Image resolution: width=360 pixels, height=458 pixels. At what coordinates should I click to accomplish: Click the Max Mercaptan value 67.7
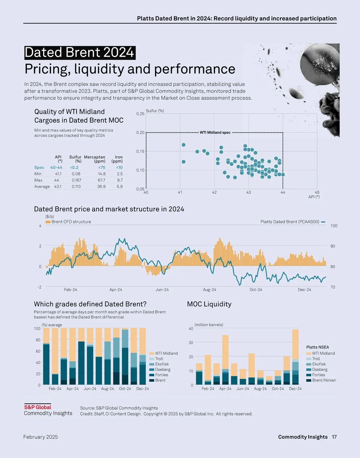(101, 180)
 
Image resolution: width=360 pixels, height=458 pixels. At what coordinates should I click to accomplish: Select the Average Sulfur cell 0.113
(76, 187)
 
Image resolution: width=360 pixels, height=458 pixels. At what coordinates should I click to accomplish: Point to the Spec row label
(39, 168)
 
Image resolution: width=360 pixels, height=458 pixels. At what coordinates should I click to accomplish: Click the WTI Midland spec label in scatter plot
(215, 132)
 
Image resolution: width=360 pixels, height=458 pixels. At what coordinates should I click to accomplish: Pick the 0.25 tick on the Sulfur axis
(140, 114)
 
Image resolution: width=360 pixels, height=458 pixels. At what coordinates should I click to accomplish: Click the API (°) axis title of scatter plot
(314, 197)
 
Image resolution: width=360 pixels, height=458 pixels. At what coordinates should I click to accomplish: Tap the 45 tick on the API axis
(317, 193)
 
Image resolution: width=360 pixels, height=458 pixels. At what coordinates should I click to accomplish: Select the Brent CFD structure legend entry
(68, 222)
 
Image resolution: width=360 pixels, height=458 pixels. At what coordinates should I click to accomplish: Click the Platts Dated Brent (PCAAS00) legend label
(290, 222)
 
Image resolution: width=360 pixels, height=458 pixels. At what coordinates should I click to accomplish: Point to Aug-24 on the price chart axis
(209, 290)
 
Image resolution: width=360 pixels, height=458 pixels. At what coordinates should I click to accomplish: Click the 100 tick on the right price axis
(334, 226)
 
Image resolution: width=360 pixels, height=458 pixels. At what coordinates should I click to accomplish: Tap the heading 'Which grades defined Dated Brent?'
(90, 304)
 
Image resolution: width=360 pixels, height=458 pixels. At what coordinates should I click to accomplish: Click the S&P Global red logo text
(38, 408)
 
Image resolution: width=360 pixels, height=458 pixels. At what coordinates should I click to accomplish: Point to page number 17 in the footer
(334, 437)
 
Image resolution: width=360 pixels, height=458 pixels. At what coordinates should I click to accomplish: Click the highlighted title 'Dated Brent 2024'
(79, 53)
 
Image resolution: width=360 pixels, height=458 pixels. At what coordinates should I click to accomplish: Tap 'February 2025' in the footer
(40, 437)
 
